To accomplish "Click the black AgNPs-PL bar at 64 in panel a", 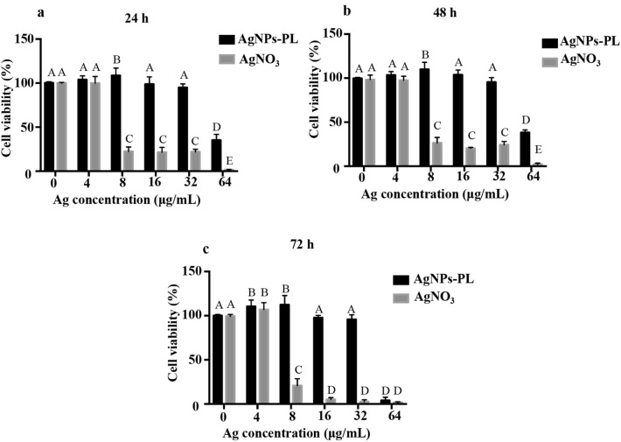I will [192, 156].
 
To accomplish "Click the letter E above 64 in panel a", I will [204, 161].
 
